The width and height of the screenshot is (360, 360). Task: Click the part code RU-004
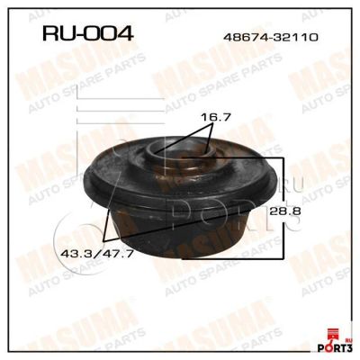(x=87, y=32)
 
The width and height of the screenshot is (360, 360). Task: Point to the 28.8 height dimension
(x=284, y=211)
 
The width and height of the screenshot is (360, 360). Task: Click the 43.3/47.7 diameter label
(x=97, y=254)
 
